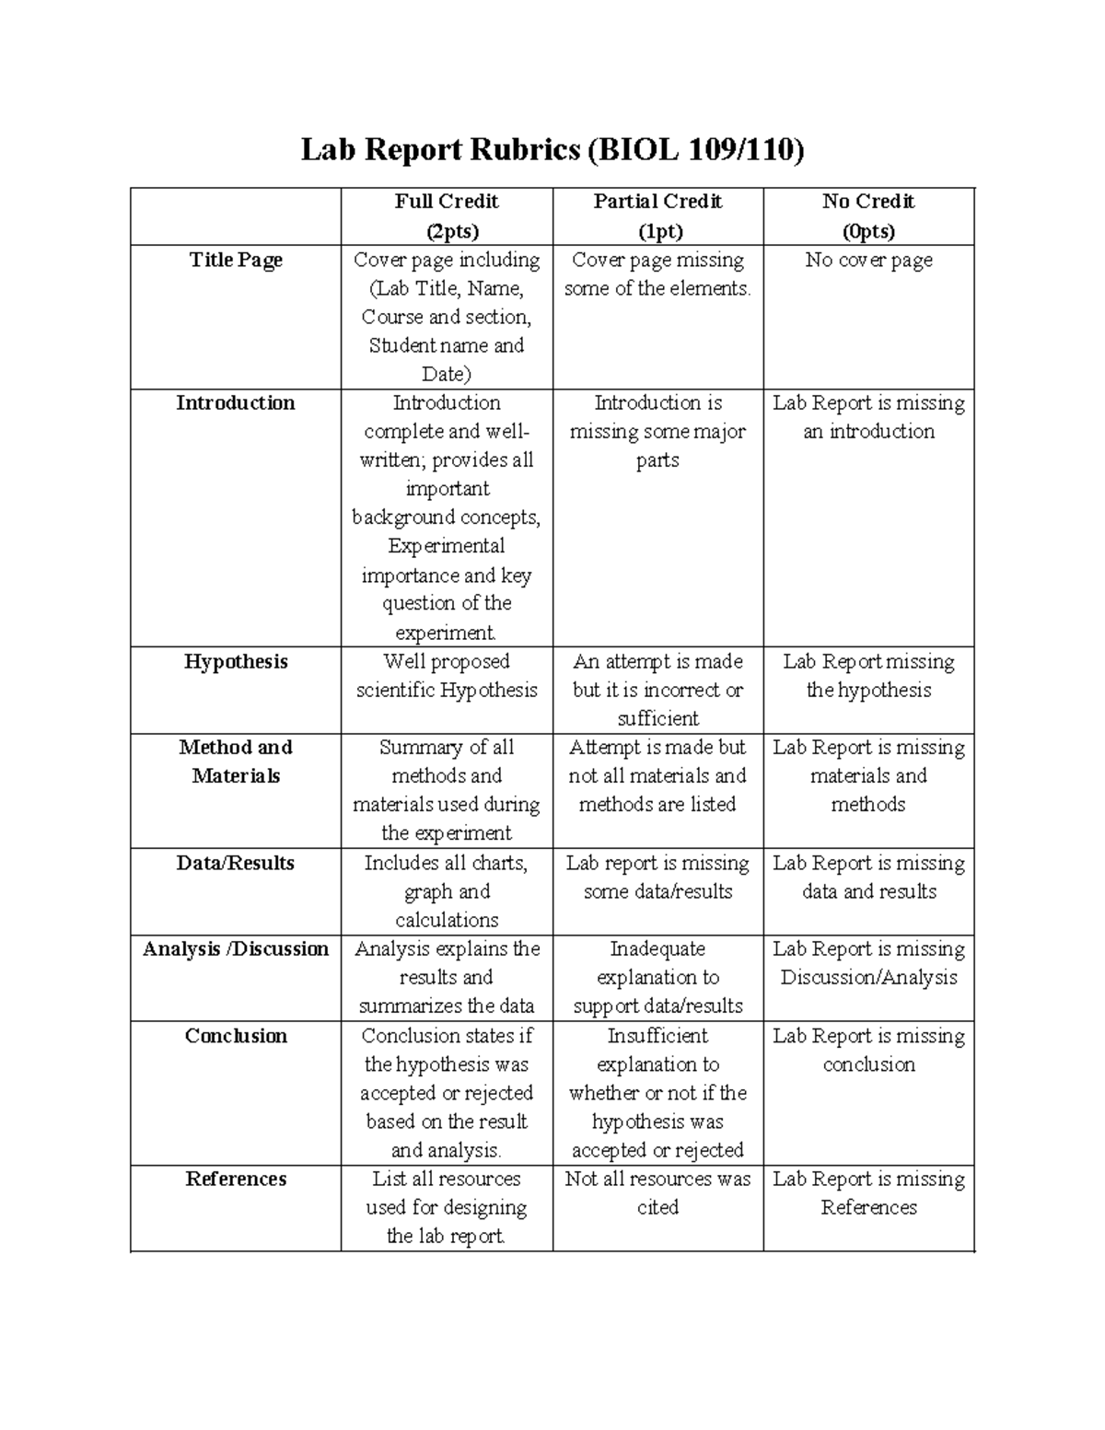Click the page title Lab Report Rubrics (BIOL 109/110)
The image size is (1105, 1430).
(x=552, y=149)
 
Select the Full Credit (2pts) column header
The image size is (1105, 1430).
(x=447, y=216)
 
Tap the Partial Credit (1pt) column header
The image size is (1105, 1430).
(x=657, y=216)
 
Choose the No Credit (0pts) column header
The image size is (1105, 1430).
(x=868, y=216)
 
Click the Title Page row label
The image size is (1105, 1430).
(x=236, y=261)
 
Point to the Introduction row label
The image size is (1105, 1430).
(x=236, y=403)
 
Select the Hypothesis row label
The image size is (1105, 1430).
(x=236, y=662)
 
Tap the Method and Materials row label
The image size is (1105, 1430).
(x=236, y=762)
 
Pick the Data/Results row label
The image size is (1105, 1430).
(x=236, y=864)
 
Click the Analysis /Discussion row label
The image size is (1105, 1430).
(x=236, y=949)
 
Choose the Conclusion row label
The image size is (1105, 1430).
(x=236, y=1036)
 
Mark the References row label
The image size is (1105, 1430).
(x=236, y=1180)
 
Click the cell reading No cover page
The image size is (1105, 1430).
(x=868, y=261)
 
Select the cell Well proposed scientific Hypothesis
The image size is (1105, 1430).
(x=447, y=676)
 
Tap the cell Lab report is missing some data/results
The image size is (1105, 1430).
(x=657, y=878)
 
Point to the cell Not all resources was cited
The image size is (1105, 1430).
(x=657, y=1193)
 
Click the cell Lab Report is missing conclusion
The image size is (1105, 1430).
(x=868, y=1050)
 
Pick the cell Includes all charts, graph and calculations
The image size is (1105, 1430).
(x=447, y=891)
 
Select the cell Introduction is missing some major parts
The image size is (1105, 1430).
(x=657, y=431)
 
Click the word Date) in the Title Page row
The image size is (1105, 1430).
(x=447, y=375)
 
